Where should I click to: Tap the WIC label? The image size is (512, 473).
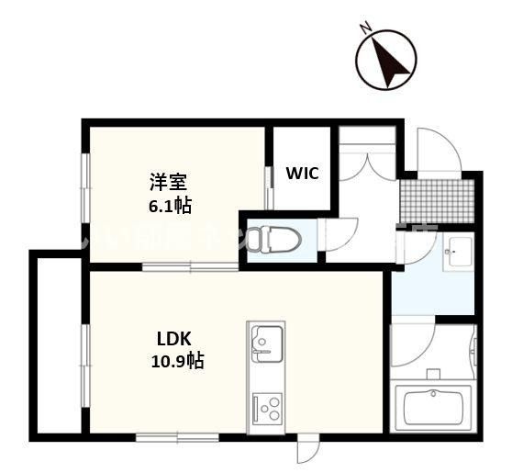click(302, 174)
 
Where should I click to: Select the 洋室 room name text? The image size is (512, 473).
click(170, 182)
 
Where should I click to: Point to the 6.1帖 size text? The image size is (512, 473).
click(170, 205)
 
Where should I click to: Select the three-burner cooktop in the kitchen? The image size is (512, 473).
click(266, 405)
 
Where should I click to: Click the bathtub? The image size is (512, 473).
click(433, 405)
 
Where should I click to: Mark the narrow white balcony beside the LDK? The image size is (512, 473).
click(61, 345)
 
